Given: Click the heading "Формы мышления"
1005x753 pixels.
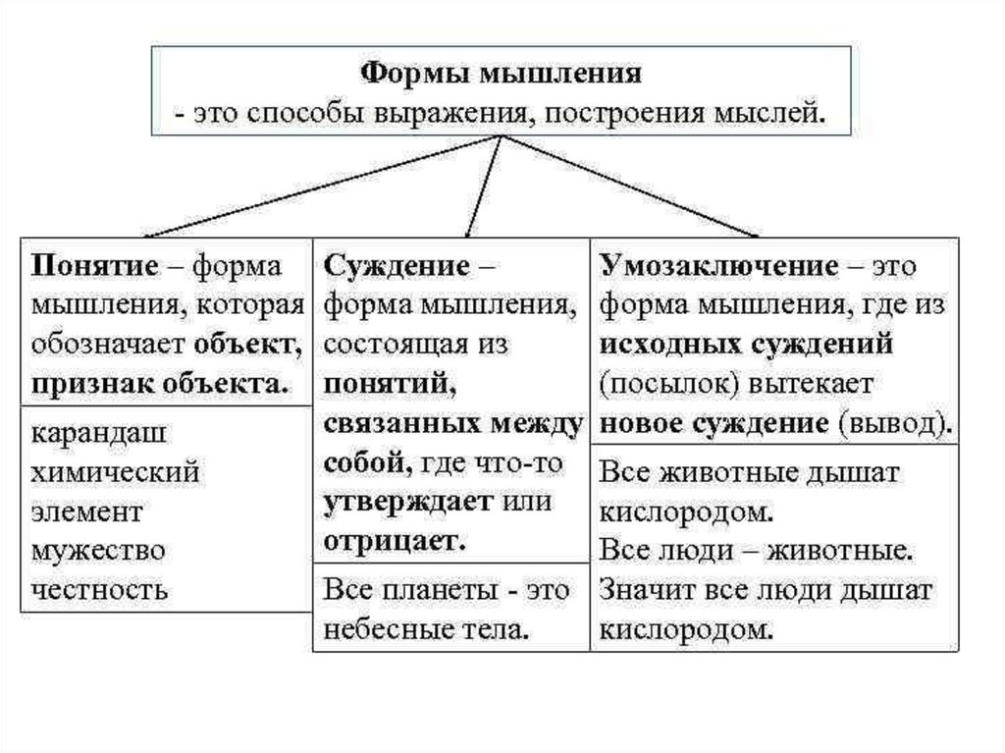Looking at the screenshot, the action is coord(502,75).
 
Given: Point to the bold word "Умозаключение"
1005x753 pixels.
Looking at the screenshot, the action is coord(719,267).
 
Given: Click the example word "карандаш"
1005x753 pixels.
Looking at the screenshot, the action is coord(97,433).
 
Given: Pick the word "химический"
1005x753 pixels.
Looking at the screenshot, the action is coord(115,472).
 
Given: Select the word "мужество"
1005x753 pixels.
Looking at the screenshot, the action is coord(97,551).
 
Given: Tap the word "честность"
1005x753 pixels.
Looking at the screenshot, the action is coord(99,590).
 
